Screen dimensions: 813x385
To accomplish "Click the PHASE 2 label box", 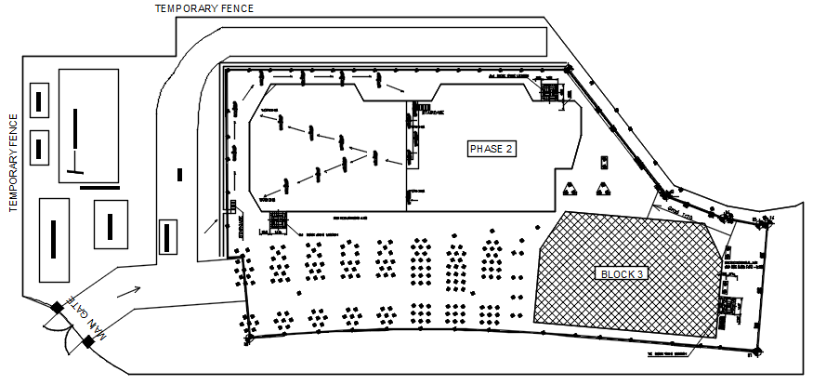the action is (491, 149).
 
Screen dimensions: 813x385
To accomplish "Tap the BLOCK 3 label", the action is (622, 273).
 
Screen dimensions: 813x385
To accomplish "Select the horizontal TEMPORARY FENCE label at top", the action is (204, 8).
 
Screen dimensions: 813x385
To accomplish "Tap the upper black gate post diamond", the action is (58, 308).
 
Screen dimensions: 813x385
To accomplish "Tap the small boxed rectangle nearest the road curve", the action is (168, 235).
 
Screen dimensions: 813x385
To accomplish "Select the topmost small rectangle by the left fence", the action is (39, 100).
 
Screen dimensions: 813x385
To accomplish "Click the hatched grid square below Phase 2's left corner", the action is (278, 220).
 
